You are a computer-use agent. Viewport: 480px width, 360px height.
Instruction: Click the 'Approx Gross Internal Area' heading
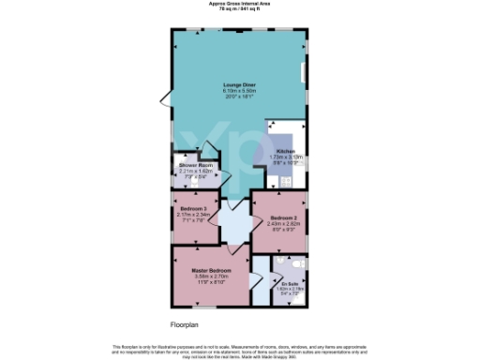coord(239,4)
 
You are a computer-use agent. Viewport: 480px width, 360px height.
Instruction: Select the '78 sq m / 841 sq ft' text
coord(239,9)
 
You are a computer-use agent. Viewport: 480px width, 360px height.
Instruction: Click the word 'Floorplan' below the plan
coord(186,323)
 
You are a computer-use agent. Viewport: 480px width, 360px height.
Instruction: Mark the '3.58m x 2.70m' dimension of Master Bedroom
coord(212,277)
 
